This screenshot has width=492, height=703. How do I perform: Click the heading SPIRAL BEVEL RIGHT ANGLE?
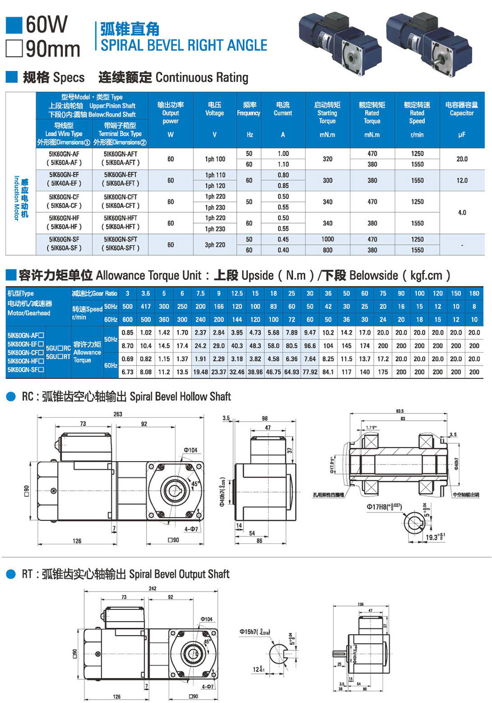(x=184, y=45)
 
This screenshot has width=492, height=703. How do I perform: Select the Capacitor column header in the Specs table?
(x=461, y=109)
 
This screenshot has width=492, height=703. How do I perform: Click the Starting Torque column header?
(x=327, y=112)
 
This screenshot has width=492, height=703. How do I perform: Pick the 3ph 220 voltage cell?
(x=215, y=245)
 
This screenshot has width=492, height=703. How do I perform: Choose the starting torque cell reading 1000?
(x=328, y=239)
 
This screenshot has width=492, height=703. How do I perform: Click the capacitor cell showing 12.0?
(x=462, y=180)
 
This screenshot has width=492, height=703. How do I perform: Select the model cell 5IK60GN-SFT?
(x=121, y=239)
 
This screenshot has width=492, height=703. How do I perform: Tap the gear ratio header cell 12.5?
(x=237, y=293)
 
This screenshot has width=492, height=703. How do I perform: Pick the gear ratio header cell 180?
(x=474, y=293)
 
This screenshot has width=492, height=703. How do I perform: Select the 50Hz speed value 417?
(x=146, y=306)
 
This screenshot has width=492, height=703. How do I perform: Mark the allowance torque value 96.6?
(x=310, y=346)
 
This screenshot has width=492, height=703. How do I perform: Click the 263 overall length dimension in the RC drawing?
(x=118, y=414)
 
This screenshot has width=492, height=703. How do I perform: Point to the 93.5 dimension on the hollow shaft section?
(x=400, y=411)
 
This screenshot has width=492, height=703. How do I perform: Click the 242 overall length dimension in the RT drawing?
(x=153, y=588)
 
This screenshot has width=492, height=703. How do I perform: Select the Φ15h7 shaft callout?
(x=254, y=632)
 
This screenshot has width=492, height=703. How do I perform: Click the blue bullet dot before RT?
(x=11, y=574)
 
